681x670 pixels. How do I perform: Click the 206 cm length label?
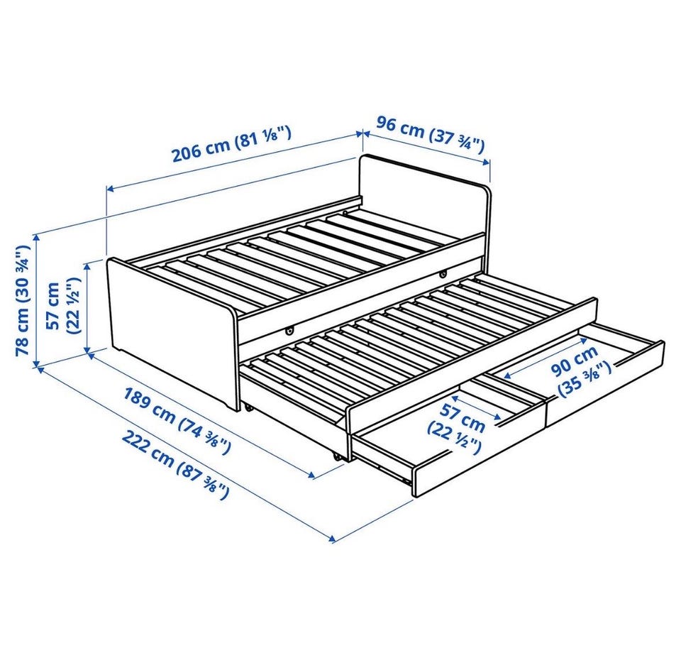coord(231,143)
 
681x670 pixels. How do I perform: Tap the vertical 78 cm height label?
coord(22,300)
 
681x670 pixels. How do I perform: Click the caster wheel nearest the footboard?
coord(248,408)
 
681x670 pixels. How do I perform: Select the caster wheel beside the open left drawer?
coord(336,456)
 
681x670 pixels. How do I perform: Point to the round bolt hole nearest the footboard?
coord(289,331)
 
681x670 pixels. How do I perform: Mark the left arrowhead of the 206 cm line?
coord(111,189)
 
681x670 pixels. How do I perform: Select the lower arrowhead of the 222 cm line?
coord(332,539)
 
